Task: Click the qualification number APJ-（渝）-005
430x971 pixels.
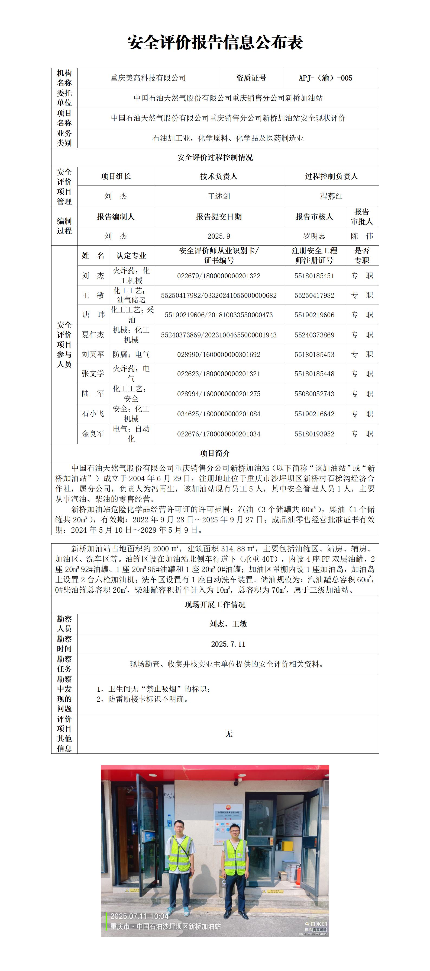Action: click(325, 78)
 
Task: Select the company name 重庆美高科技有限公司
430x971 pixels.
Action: click(148, 78)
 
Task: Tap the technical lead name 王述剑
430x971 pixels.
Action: click(219, 196)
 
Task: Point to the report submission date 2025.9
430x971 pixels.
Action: click(219, 236)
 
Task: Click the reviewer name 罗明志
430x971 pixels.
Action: click(314, 236)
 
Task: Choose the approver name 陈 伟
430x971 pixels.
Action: click(361, 236)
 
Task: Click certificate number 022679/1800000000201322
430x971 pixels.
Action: click(219, 276)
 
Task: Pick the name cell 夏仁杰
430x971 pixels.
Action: click(93, 335)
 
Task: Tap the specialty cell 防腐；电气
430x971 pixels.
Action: click(131, 354)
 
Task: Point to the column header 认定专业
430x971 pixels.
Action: click(131, 255)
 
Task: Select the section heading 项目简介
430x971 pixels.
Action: click(215, 453)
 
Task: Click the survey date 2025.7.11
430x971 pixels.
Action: click(228, 644)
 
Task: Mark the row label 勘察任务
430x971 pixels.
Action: click(64, 664)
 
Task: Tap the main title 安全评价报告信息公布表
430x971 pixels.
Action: click(215, 42)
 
